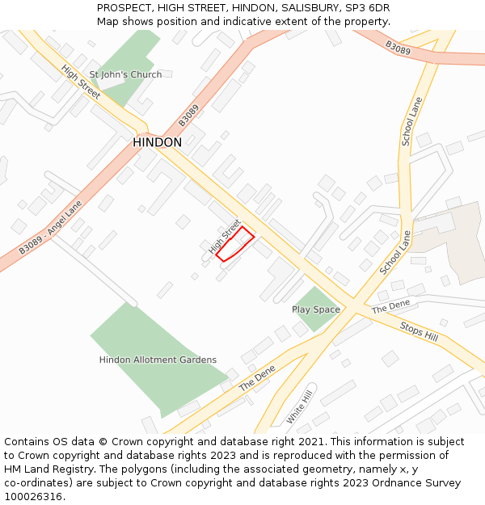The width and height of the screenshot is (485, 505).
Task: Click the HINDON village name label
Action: click(157, 142)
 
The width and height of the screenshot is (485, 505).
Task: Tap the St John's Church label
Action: click(125, 74)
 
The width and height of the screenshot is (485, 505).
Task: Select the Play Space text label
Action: click(316, 309)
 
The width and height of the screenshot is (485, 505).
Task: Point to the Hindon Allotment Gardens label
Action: click(158, 360)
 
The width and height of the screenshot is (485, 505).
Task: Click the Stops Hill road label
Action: click(419, 330)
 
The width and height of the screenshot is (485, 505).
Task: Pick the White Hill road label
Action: click(299, 408)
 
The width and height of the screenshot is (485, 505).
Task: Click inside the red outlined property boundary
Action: click(235, 244)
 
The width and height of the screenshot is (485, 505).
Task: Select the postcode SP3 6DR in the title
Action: click(368, 7)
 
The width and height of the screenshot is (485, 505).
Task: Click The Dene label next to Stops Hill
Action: click(390, 306)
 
